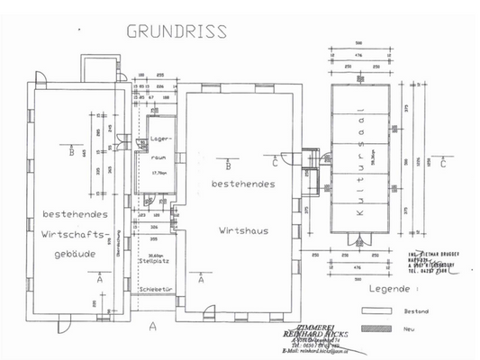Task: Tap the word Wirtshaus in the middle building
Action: pos(243,229)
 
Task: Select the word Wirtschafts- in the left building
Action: pos(76,233)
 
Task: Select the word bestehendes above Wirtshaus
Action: pos(243,184)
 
